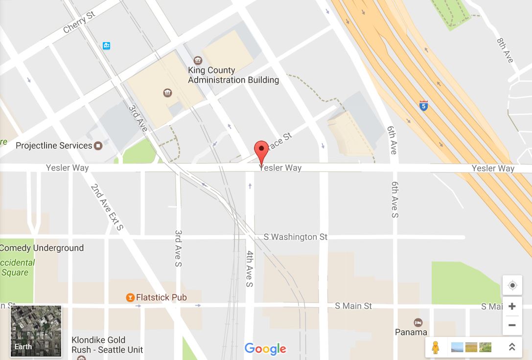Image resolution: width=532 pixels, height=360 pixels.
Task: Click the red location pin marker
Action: (x=261, y=150)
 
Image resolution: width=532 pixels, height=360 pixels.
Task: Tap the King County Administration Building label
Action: (x=233, y=75)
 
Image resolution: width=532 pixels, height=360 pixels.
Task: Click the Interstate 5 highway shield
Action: (x=423, y=105)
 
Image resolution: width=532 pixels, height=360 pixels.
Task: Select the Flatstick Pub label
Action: (x=161, y=297)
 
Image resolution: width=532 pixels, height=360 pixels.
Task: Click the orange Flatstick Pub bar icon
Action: (x=130, y=297)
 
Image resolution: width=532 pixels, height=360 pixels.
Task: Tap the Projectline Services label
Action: (x=54, y=145)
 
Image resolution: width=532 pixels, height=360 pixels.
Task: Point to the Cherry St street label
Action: (x=79, y=23)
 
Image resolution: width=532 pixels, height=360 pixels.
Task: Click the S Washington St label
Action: (x=295, y=237)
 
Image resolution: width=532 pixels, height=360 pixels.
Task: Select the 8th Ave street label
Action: (x=505, y=50)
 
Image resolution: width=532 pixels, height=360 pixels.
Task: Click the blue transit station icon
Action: (x=106, y=46)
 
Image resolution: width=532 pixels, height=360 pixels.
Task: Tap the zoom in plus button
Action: (x=512, y=307)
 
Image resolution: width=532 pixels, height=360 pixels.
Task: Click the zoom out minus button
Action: (x=512, y=325)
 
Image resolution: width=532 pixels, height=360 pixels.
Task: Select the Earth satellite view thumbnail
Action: (x=36, y=331)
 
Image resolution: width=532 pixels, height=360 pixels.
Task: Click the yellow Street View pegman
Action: (x=435, y=347)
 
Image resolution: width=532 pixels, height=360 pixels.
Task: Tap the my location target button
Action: (x=512, y=286)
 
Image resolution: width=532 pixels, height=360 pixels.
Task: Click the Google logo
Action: (x=265, y=348)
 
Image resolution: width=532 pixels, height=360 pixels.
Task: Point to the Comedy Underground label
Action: (x=42, y=248)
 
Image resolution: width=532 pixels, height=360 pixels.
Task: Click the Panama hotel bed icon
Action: (x=418, y=322)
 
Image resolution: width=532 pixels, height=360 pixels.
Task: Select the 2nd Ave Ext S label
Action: (x=107, y=207)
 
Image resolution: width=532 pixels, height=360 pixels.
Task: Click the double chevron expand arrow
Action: (x=512, y=347)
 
